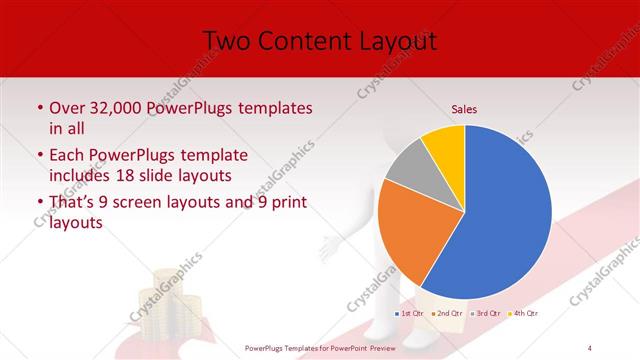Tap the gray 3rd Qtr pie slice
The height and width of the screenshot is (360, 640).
[x=408, y=168]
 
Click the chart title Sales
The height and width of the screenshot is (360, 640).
[x=464, y=109]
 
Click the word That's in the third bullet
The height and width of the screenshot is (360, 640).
[x=71, y=203]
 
